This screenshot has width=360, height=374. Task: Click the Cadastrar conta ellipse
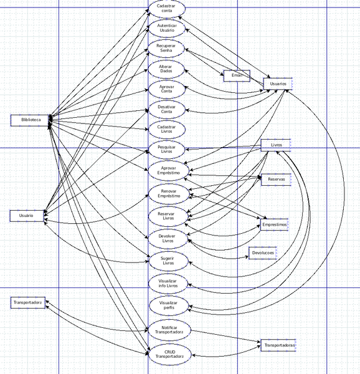[167, 8]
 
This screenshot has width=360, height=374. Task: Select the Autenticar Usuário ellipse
[167, 28]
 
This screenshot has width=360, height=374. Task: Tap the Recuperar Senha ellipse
[167, 48]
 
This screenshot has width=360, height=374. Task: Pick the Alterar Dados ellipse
[167, 69]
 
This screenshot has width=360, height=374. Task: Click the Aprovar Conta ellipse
[167, 89]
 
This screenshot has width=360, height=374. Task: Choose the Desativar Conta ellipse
[167, 109]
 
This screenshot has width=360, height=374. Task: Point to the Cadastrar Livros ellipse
[167, 129]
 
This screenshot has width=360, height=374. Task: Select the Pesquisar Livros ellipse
[167, 149]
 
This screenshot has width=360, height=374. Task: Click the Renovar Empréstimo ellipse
[167, 194]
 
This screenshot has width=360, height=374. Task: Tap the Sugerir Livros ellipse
[167, 261]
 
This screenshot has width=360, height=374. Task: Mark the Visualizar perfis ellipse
[167, 305]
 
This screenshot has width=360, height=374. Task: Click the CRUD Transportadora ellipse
[167, 354]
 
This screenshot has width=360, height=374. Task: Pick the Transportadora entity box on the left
[28, 303]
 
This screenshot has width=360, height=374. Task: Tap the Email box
[237, 75]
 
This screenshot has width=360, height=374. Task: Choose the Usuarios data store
[278, 84]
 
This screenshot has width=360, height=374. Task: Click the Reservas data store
[276, 180]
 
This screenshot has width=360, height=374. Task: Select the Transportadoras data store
[278, 345]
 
